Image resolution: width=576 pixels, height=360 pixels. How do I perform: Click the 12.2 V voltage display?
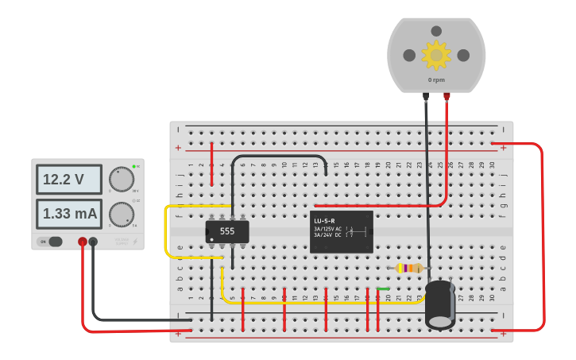point(68,180)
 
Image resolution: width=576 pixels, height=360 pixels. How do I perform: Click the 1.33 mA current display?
point(69,214)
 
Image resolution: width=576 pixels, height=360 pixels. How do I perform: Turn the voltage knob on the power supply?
point(121,180)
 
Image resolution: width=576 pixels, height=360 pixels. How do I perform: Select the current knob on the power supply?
point(121,214)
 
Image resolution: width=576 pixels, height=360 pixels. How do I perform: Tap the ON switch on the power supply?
point(51,242)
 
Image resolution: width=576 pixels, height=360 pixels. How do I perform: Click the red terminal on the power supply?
point(83,241)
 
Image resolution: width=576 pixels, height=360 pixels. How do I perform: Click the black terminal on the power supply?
point(93,241)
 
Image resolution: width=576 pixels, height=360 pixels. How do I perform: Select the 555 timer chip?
point(227,231)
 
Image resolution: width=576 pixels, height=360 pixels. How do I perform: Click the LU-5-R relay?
point(342,231)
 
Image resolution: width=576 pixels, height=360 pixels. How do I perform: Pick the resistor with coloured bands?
point(408,269)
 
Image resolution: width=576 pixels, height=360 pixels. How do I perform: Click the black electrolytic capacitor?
point(439,304)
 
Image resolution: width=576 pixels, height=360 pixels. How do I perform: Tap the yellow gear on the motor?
point(435,55)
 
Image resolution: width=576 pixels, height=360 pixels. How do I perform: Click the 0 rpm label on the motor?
point(435,79)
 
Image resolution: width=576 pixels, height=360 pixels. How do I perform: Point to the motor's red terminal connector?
point(446,97)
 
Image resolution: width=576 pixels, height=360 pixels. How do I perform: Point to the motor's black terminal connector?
point(426,97)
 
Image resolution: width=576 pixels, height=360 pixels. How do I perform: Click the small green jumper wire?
point(383,289)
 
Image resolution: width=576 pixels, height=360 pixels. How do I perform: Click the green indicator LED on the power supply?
point(134,167)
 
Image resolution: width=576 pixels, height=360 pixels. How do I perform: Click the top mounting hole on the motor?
point(435,32)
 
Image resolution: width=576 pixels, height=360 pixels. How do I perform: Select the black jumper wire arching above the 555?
point(278,156)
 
